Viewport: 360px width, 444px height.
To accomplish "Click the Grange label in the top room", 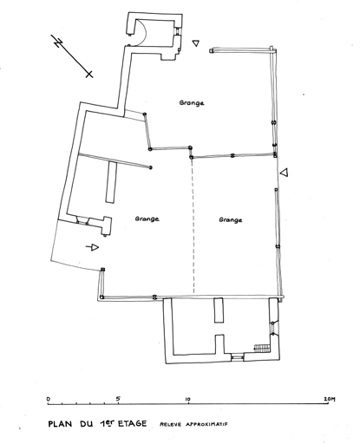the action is pyautogui.click(x=192, y=103).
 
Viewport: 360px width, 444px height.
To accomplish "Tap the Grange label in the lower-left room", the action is pyautogui.click(x=147, y=219).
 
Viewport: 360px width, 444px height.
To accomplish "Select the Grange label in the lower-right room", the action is pyautogui.click(x=231, y=220).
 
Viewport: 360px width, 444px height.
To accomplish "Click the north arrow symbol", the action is pyautogui.click(x=72, y=56).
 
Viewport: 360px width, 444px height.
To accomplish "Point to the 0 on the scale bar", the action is pyautogui.click(x=49, y=399).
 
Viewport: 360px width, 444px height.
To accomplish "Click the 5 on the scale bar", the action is pyautogui.click(x=118, y=399).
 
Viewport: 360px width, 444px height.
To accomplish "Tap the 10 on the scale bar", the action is pyautogui.click(x=188, y=400).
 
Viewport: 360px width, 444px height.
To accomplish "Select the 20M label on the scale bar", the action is pyautogui.click(x=330, y=400).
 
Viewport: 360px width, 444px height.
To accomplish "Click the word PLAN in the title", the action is pyautogui.click(x=60, y=424).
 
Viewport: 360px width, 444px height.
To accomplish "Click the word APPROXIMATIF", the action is pyautogui.click(x=206, y=424).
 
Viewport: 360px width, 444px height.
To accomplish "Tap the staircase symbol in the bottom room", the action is pyautogui.click(x=262, y=348).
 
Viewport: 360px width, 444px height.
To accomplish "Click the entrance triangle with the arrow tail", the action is pyautogui.click(x=93, y=247).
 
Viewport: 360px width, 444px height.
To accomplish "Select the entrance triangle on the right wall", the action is pyautogui.click(x=285, y=173).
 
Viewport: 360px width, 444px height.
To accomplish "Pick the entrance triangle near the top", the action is pyautogui.click(x=196, y=43).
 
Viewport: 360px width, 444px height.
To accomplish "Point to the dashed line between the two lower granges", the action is pyautogui.click(x=193, y=226).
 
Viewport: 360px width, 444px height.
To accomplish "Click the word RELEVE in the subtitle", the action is pyautogui.click(x=171, y=424).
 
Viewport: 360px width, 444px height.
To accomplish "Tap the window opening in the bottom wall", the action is pyautogui.click(x=238, y=358).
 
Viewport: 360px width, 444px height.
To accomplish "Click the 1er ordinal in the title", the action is pyautogui.click(x=105, y=423).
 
